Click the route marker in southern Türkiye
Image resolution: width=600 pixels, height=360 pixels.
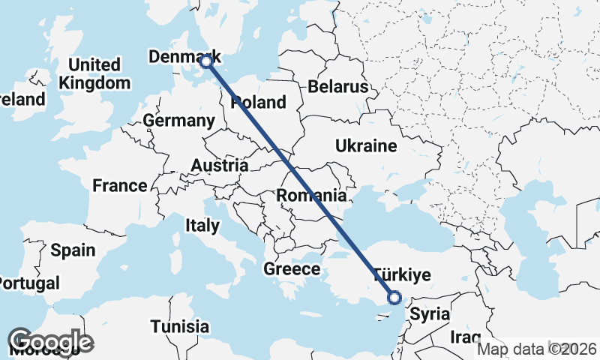[x=394, y=298]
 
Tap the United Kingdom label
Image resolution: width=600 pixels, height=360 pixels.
[x=94, y=73]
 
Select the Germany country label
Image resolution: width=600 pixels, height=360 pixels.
[x=178, y=121]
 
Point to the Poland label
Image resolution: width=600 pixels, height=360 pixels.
[x=259, y=102]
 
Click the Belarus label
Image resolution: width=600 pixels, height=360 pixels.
[x=337, y=87]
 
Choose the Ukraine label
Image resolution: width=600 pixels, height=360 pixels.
[x=365, y=145]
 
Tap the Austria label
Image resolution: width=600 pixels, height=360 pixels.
[x=220, y=165]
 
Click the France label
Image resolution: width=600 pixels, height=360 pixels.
[x=120, y=185]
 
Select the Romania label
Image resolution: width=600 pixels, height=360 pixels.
[x=311, y=196]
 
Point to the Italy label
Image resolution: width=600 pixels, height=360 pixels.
[x=202, y=225]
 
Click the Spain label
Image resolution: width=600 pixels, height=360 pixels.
[x=73, y=250]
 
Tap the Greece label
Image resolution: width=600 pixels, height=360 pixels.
[x=292, y=269]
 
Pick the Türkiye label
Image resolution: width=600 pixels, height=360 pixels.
[x=402, y=275]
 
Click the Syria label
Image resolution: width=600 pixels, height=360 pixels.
[x=430, y=313]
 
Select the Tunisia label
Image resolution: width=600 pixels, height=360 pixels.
[x=179, y=327]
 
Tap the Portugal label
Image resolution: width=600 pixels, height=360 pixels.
[x=28, y=283]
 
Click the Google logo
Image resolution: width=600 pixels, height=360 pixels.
[x=50, y=341]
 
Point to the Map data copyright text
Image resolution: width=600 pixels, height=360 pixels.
[x=537, y=349]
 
